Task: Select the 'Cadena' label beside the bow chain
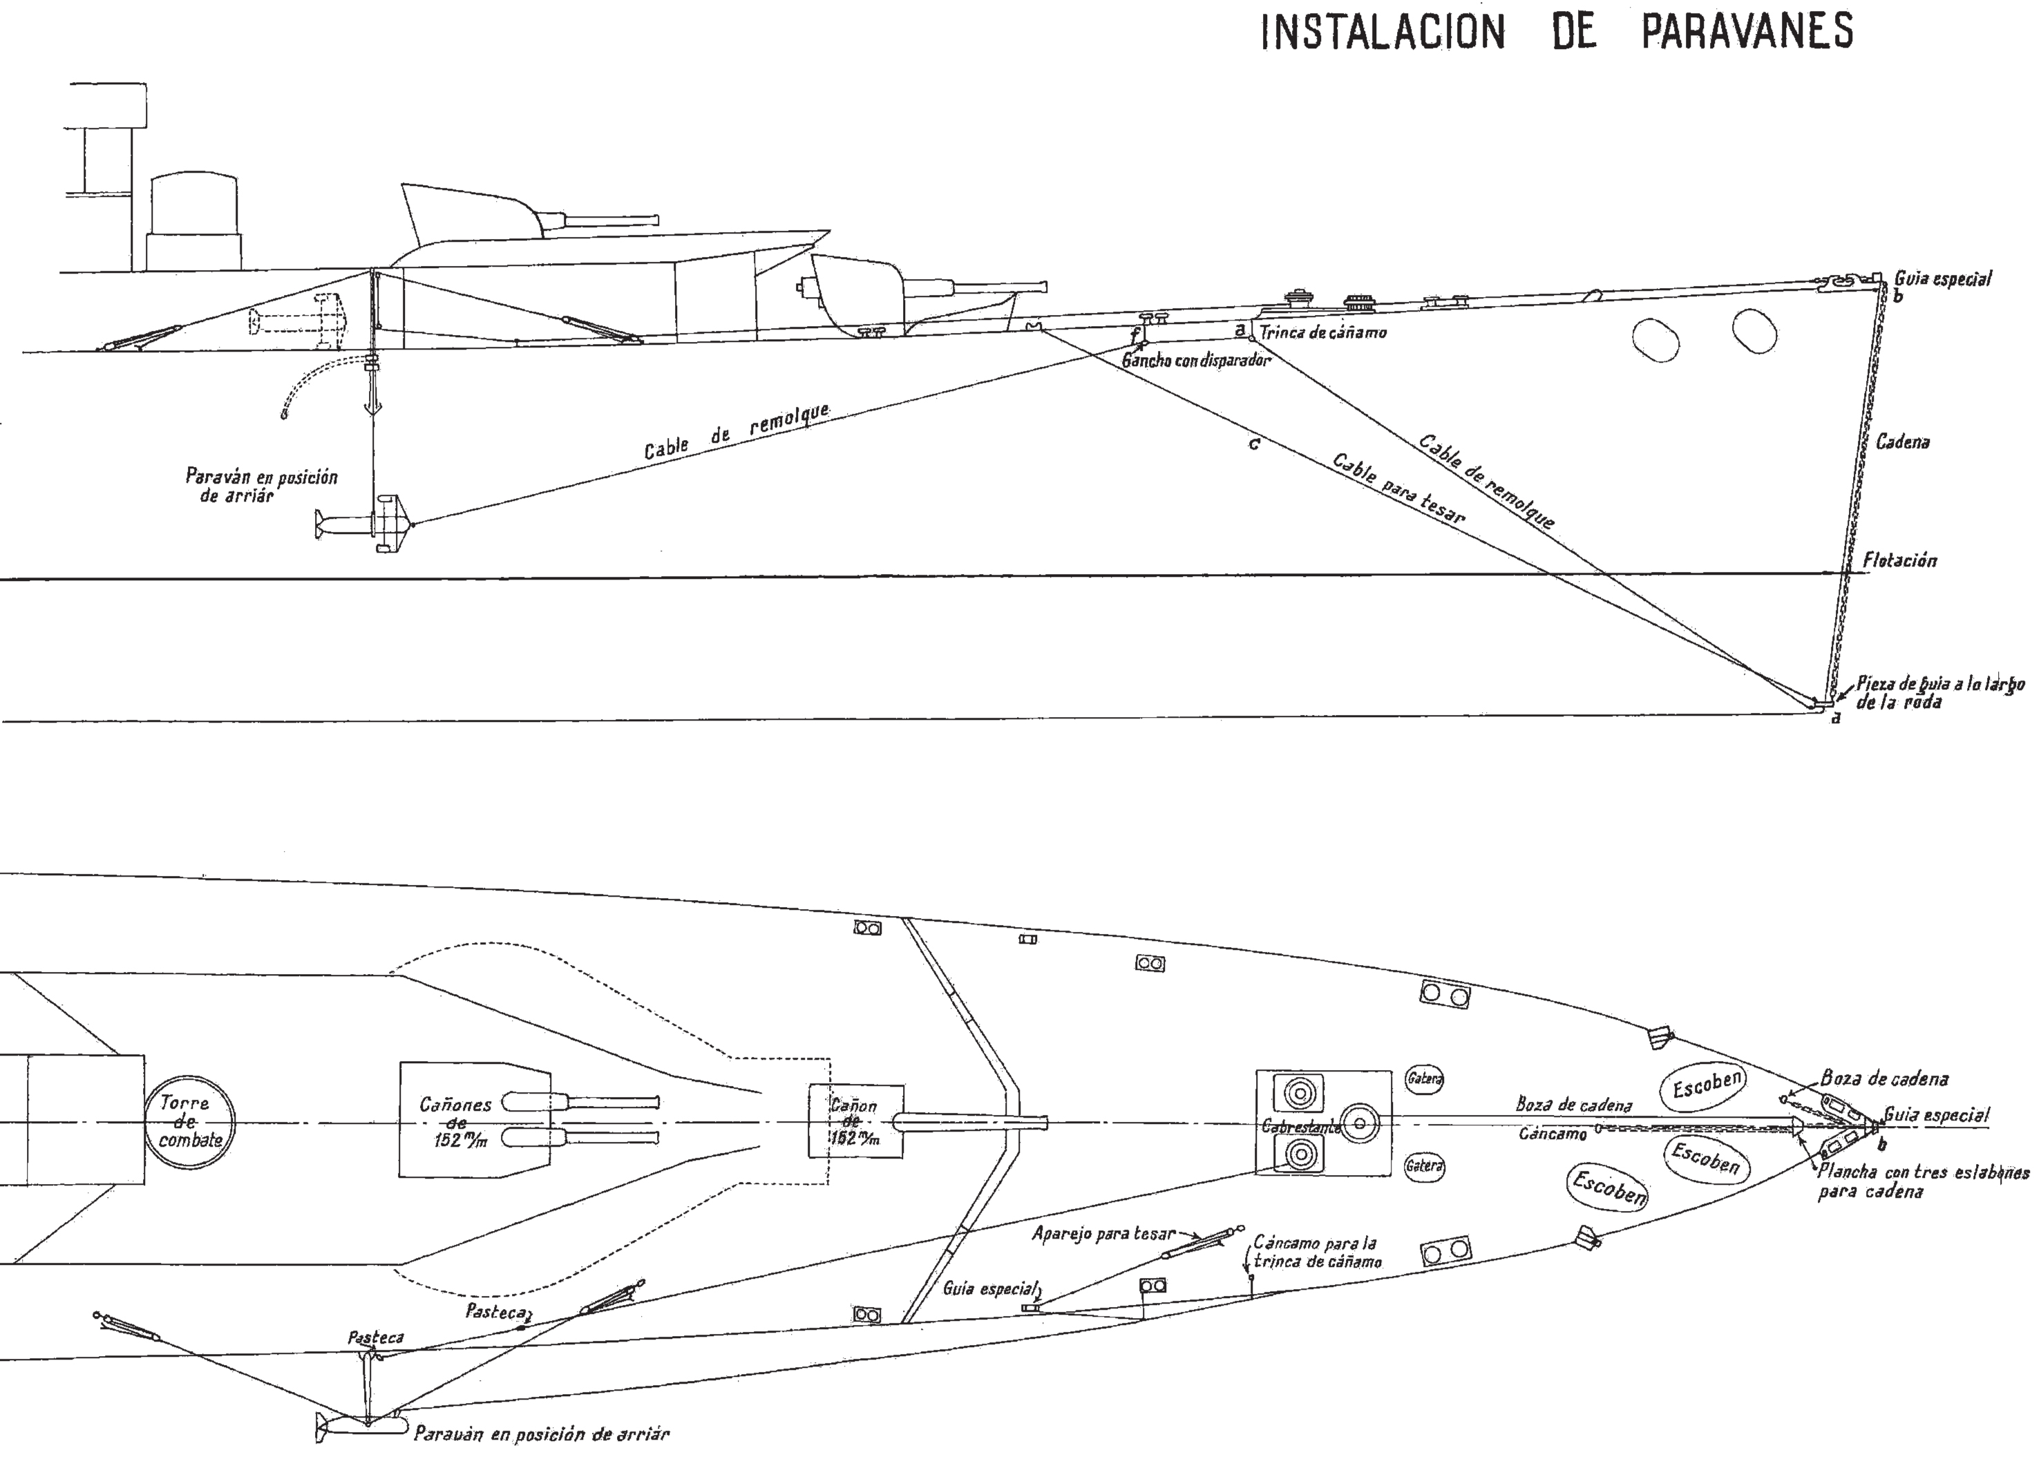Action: (1903, 442)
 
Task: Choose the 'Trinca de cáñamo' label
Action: (1322, 332)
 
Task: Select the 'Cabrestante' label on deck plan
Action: (1301, 1127)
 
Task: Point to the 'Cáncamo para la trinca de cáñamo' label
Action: (1318, 1252)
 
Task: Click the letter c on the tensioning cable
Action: (1254, 444)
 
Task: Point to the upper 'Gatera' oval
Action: (1425, 1078)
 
